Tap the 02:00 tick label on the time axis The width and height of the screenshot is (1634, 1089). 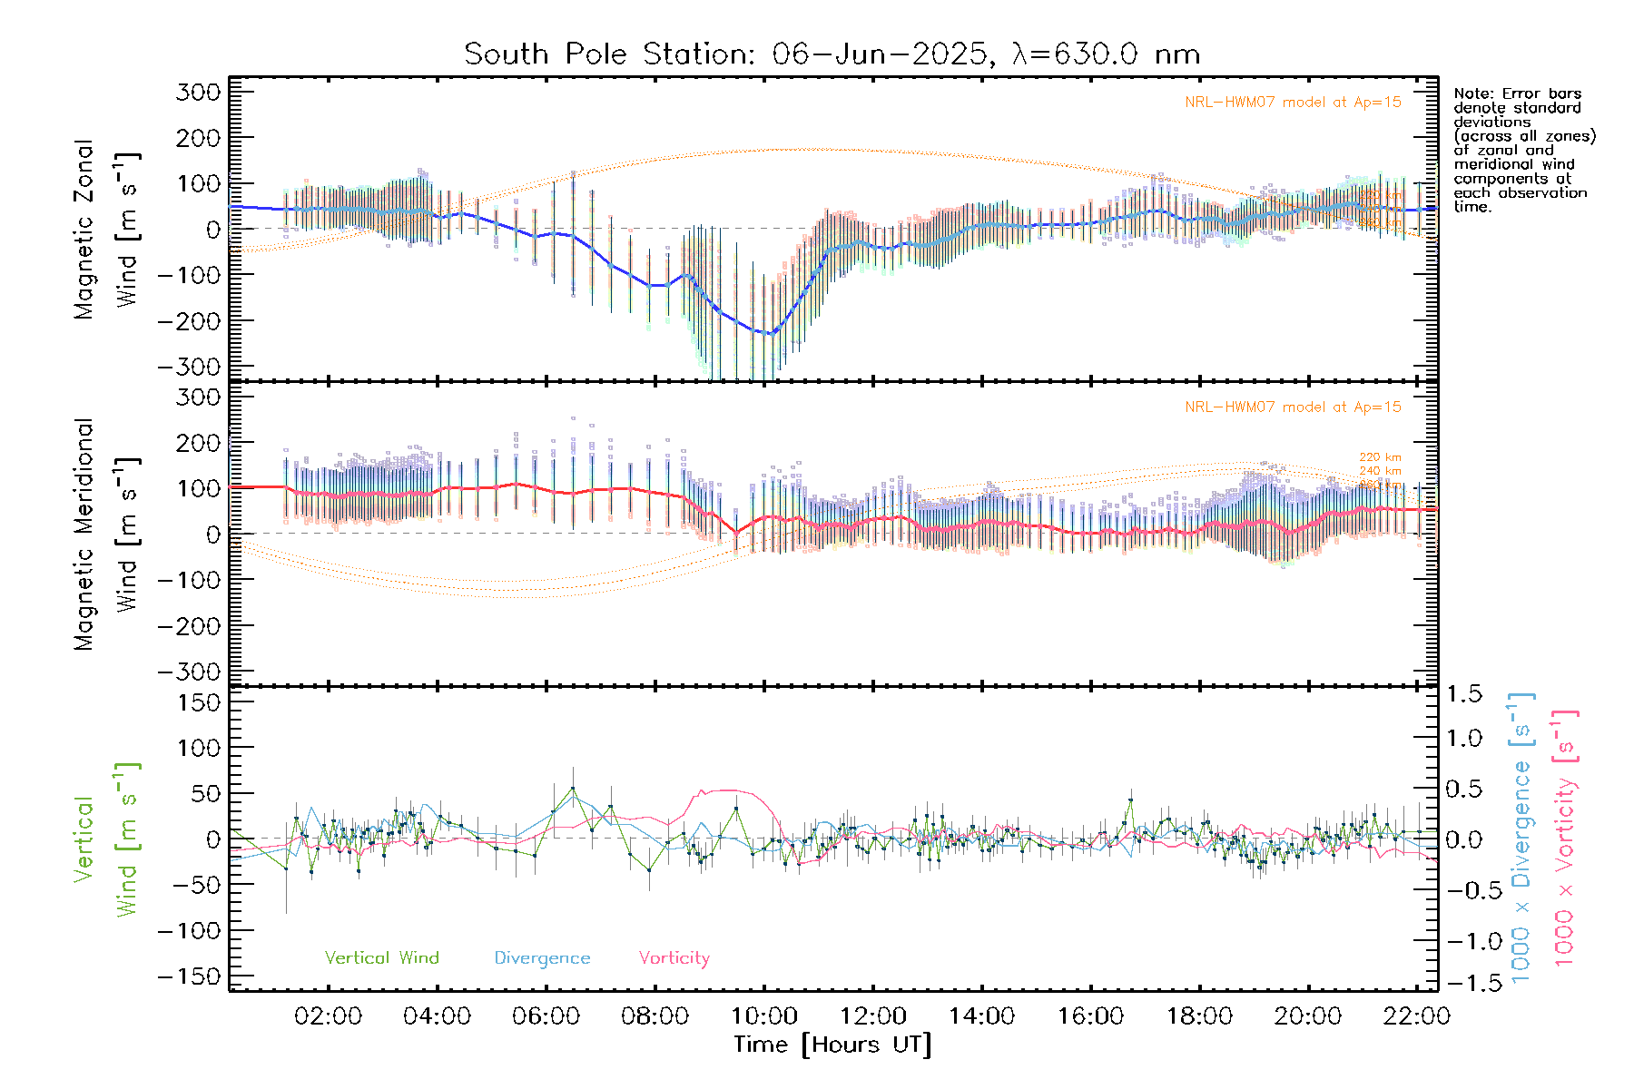click(328, 1016)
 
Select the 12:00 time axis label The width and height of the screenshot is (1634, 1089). click(872, 1016)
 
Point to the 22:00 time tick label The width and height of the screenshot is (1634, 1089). click(1416, 1016)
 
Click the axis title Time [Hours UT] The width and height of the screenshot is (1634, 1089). click(832, 1045)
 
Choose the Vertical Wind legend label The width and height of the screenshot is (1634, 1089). click(381, 958)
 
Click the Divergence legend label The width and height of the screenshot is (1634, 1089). click(542, 958)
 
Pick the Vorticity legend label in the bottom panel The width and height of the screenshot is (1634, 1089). click(674, 958)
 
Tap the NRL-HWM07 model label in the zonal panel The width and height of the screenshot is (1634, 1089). click(1293, 103)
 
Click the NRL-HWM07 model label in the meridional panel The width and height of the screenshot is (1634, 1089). click(1293, 407)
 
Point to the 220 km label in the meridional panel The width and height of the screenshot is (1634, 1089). click(1380, 457)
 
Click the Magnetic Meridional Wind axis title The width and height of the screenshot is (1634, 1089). click(107, 534)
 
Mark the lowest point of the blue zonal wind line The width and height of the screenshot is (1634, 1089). click(771, 334)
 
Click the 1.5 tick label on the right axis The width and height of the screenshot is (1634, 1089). click(1464, 694)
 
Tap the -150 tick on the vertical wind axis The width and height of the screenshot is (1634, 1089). click(189, 977)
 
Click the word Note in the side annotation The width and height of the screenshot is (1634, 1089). click(1471, 94)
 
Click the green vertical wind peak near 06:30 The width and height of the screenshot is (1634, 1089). click(573, 789)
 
